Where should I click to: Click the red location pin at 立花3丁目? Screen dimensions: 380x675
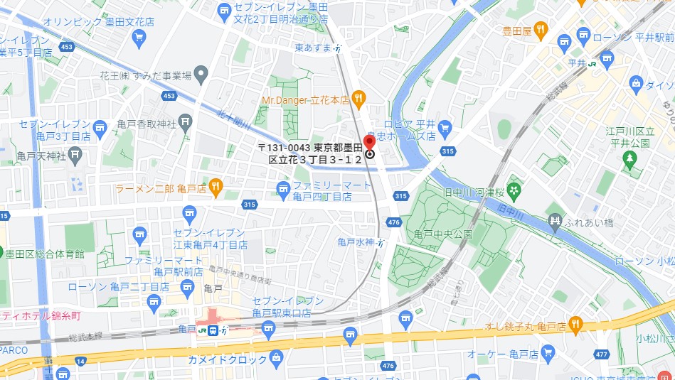(369, 141)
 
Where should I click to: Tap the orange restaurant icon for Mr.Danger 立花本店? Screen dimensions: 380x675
(358, 99)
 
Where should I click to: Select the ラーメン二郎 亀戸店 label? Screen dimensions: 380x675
(161, 188)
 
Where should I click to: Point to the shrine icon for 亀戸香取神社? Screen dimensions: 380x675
(185, 124)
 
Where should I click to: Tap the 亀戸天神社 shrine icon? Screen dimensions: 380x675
(76, 154)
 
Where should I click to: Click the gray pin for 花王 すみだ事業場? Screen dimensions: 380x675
(201, 73)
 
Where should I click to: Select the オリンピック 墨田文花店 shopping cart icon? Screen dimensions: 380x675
(139, 36)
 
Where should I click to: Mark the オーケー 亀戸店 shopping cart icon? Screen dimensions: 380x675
(547, 352)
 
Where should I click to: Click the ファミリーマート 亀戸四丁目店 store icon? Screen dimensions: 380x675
(284, 188)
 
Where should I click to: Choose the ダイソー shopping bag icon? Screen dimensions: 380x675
(636, 85)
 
